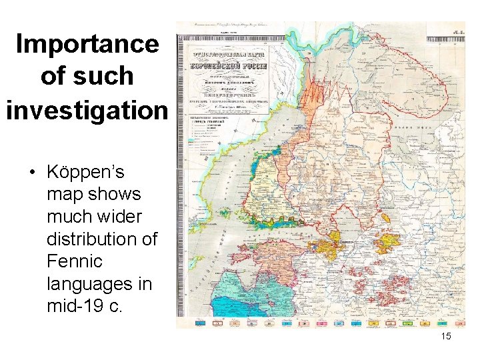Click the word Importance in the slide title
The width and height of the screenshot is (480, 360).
click(87, 44)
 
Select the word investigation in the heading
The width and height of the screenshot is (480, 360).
click(87, 108)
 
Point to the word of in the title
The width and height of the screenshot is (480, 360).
click(54, 76)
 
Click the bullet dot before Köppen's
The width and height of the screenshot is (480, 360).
click(31, 173)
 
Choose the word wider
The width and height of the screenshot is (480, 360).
click(119, 217)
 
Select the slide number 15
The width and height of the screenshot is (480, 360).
click(446, 337)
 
